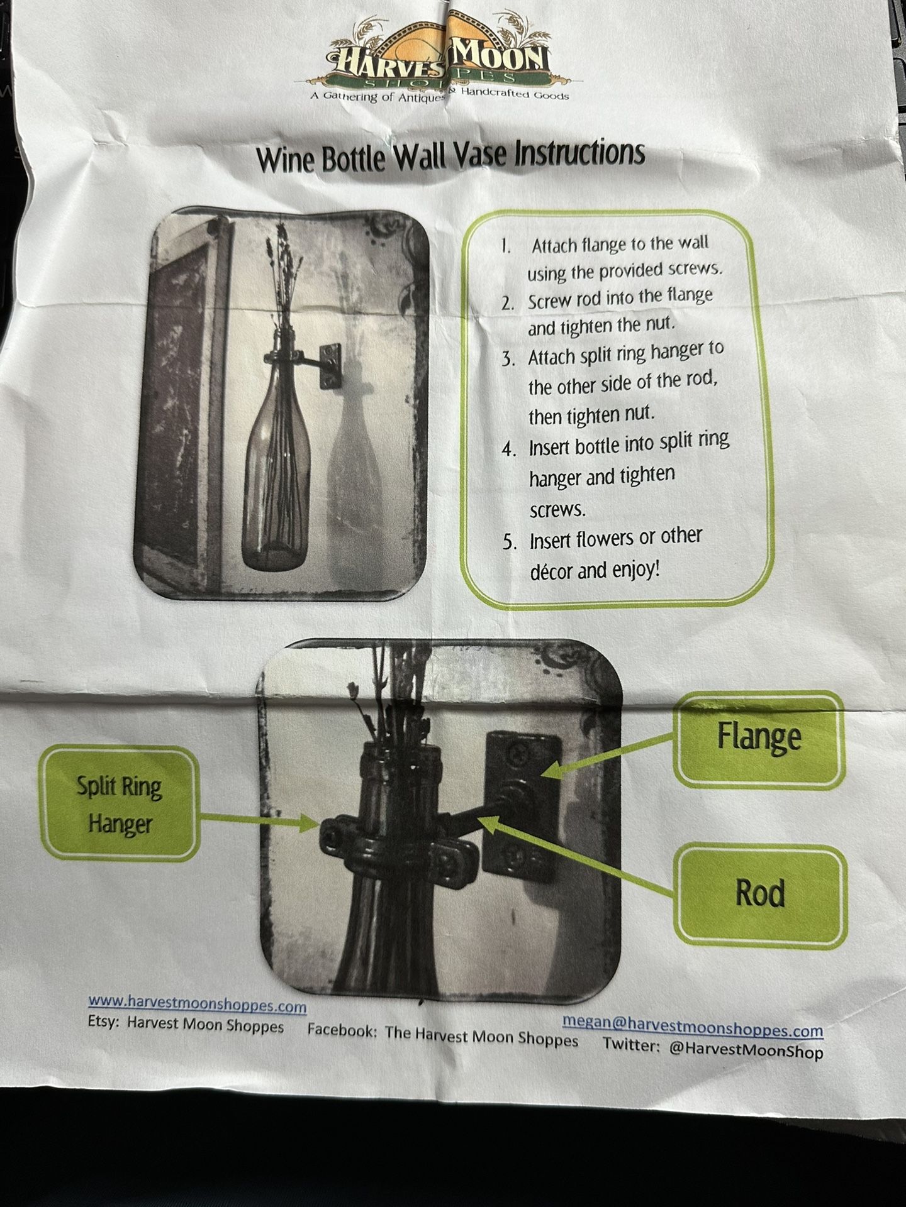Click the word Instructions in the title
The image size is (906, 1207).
tap(579, 153)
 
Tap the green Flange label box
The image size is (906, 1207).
tap(759, 740)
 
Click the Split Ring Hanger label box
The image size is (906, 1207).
tap(120, 804)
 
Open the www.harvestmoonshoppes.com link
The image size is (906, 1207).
tap(197, 1003)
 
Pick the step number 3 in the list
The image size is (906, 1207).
tap(508, 360)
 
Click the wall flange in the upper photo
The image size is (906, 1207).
tap(330, 365)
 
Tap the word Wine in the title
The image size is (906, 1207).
tap(286, 160)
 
